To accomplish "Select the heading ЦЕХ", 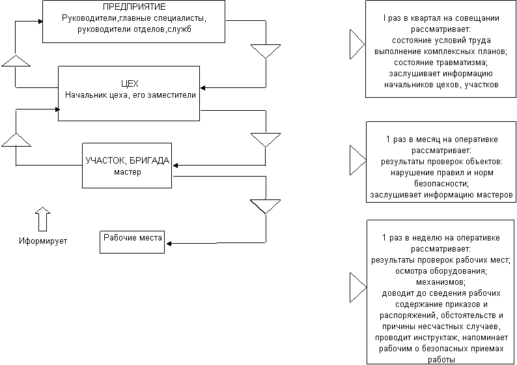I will [x=130, y=83].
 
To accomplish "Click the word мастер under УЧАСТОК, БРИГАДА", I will [x=127, y=172].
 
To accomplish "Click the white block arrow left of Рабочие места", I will [x=43, y=219].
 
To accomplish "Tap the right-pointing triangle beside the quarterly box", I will [x=357, y=44].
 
